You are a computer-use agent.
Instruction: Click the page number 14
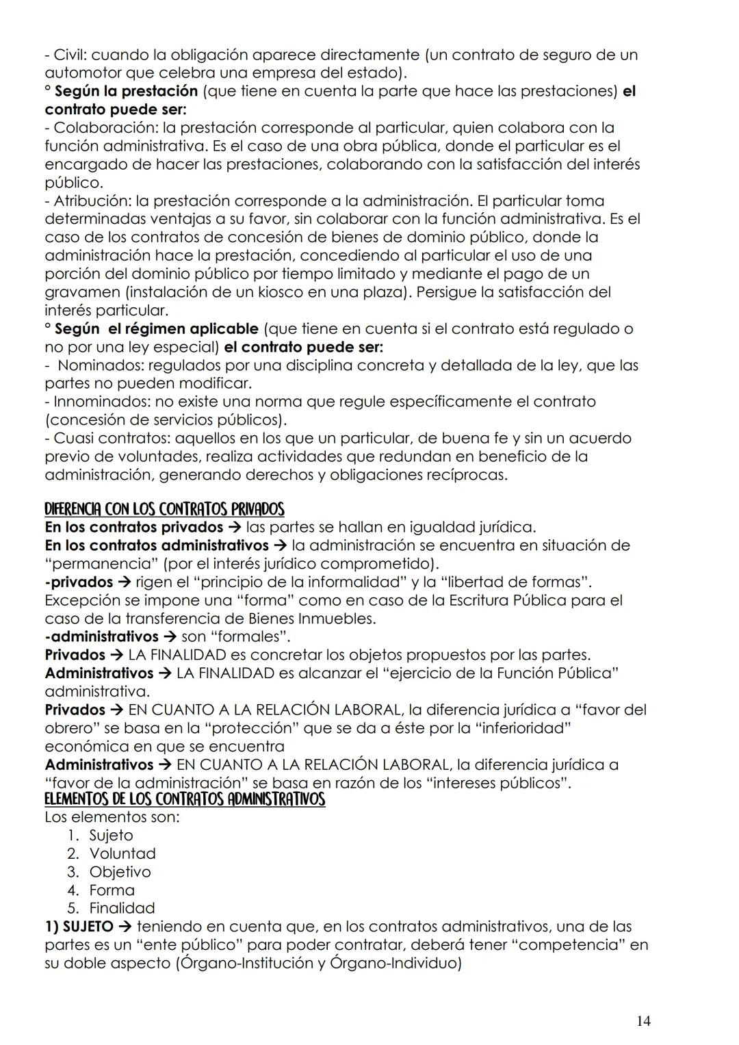point(643,1022)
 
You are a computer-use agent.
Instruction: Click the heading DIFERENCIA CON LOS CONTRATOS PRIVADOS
point(164,509)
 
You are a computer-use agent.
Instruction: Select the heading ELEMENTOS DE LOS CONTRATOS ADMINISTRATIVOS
point(185,799)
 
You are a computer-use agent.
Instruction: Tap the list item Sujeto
point(111,836)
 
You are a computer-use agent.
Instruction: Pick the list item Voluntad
point(122,854)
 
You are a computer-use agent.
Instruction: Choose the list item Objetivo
point(120,872)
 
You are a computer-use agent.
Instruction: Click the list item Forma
point(112,890)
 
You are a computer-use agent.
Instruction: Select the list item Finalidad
point(122,909)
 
